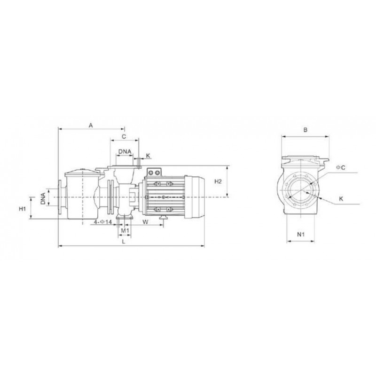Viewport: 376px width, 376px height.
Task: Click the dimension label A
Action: pyautogui.click(x=91, y=125)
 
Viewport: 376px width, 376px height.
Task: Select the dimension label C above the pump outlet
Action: pyautogui.click(x=124, y=137)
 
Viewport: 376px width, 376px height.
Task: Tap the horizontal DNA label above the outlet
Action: pyautogui.click(x=125, y=151)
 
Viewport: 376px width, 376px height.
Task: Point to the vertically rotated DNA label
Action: pyautogui.click(x=43, y=198)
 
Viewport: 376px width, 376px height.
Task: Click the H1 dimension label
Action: pyautogui.click(x=22, y=209)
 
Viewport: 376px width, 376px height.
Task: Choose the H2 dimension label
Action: pyautogui.click(x=218, y=181)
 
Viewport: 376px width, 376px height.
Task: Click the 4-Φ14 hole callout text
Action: pyautogui.click(x=102, y=222)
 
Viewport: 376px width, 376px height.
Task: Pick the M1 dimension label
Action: pyautogui.click(x=125, y=231)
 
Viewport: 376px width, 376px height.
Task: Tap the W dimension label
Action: pyautogui.click(x=145, y=222)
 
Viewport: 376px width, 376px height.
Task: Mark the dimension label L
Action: pyautogui.click(x=124, y=242)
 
